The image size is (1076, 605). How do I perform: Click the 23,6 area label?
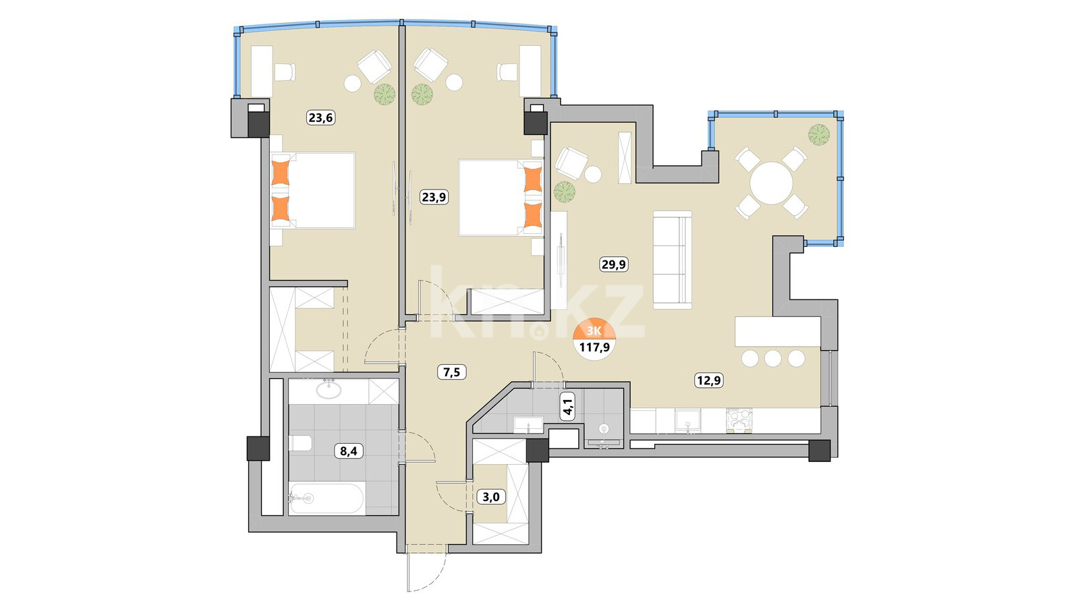pyautogui.click(x=321, y=117)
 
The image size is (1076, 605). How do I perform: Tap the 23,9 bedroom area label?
pyautogui.click(x=434, y=197)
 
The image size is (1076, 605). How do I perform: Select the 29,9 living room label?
pyautogui.click(x=614, y=264)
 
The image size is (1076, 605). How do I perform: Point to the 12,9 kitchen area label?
pyautogui.click(x=709, y=381)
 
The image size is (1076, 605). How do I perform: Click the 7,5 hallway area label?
pyautogui.click(x=451, y=372)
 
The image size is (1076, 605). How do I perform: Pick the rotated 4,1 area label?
pyautogui.click(x=568, y=406)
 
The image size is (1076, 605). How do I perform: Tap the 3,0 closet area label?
pyautogui.click(x=491, y=496)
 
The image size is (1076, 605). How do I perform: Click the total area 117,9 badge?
pyautogui.click(x=595, y=339)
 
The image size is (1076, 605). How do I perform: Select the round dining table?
pyautogui.click(x=771, y=183)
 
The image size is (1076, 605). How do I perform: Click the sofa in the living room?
pyautogui.click(x=672, y=260)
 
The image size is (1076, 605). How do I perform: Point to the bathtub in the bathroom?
pyautogui.click(x=327, y=499)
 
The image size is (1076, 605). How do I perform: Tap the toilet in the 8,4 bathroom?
pyautogui.click(x=301, y=443)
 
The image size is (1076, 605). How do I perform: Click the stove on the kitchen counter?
pyautogui.click(x=739, y=420)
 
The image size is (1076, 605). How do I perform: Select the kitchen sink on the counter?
pyautogui.click(x=688, y=420)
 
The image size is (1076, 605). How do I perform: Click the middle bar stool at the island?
pyautogui.click(x=773, y=359)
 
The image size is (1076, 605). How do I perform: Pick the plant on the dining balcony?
pyautogui.click(x=819, y=134)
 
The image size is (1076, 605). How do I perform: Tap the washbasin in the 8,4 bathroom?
pyautogui.click(x=329, y=390)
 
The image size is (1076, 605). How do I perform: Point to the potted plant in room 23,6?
pyautogui.click(x=385, y=94)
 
